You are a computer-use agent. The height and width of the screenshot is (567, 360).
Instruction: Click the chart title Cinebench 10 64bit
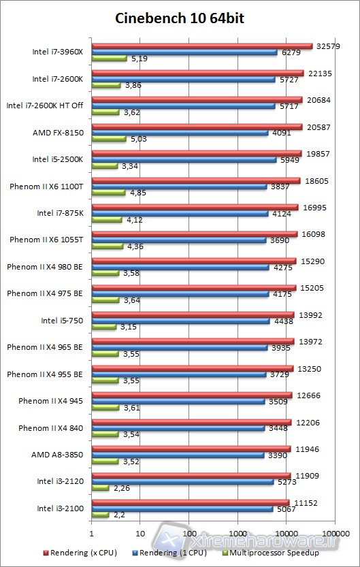(180, 18)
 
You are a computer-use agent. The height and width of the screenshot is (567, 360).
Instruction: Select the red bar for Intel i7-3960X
(201, 46)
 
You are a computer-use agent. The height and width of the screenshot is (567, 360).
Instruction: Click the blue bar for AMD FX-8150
(180, 133)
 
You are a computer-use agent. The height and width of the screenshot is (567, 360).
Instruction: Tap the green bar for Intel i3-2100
(99, 515)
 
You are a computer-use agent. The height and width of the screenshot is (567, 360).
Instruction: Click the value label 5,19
(138, 59)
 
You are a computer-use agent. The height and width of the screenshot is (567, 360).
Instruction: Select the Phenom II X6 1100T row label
(46, 186)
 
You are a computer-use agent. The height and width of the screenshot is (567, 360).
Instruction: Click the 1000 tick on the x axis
(238, 534)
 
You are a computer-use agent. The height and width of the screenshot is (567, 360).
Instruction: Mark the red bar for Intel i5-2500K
(196, 153)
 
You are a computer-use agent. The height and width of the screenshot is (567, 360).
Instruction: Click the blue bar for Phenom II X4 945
(178, 402)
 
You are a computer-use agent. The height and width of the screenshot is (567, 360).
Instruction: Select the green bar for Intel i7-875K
(106, 220)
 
